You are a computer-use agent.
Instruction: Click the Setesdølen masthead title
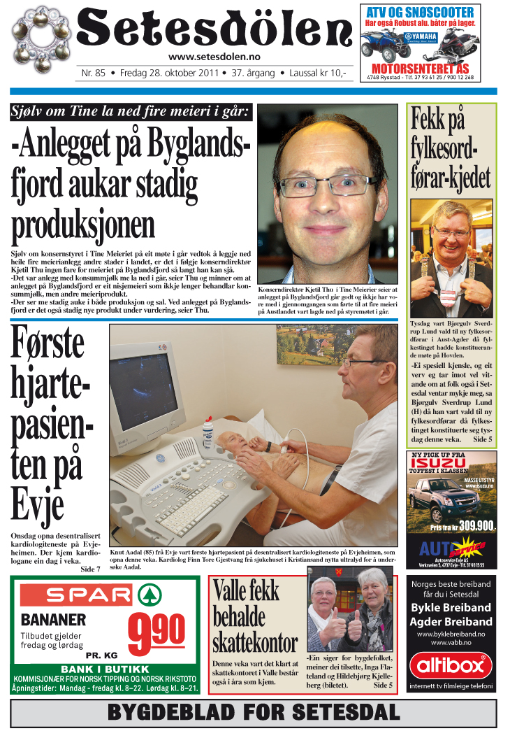click(214, 30)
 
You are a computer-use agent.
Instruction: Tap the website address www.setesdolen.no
click(214, 57)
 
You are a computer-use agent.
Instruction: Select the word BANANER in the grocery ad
click(54, 620)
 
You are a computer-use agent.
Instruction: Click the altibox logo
click(451, 666)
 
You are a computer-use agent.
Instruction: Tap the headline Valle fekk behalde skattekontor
click(254, 616)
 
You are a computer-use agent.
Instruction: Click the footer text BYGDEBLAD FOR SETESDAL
click(254, 713)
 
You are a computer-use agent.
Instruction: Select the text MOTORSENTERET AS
click(420, 69)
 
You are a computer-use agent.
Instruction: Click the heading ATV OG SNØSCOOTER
click(420, 12)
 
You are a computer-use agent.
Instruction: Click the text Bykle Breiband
click(451, 607)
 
